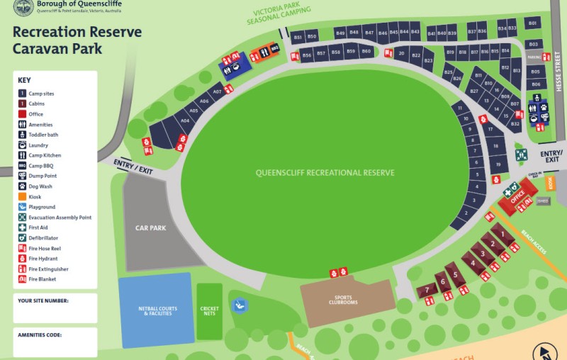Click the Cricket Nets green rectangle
(x=209, y=311)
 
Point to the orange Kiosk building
(x=551, y=183)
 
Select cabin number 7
(x=427, y=290)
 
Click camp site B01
(x=533, y=24)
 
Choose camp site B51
(x=298, y=37)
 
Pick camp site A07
(x=218, y=91)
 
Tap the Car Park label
(x=150, y=228)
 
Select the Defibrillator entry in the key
(x=43, y=238)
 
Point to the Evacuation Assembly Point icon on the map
(x=521, y=154)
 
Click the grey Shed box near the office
(x=544, y=201)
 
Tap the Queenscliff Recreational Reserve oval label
(x=325, y=172)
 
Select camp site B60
(x=366, y=52)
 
